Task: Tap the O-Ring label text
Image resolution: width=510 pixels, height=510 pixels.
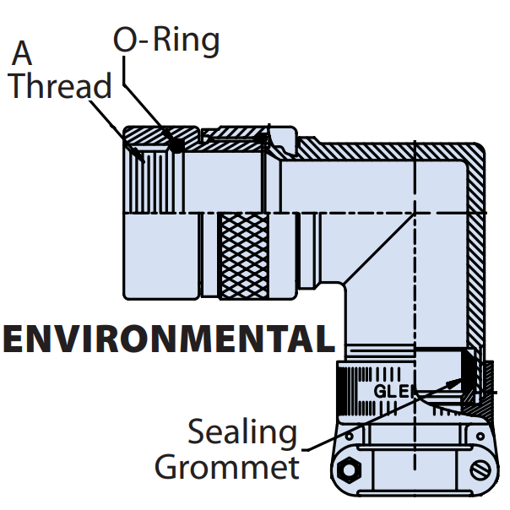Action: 166,40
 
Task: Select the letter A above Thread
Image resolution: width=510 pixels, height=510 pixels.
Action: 23,53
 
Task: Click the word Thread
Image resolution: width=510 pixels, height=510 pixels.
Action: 60,87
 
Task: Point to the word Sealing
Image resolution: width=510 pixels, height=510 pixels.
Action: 241,433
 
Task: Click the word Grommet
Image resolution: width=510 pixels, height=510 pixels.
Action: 228,467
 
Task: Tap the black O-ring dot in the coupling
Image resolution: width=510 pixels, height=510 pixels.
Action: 176,146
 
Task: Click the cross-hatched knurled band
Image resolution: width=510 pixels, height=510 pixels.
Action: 244,253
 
